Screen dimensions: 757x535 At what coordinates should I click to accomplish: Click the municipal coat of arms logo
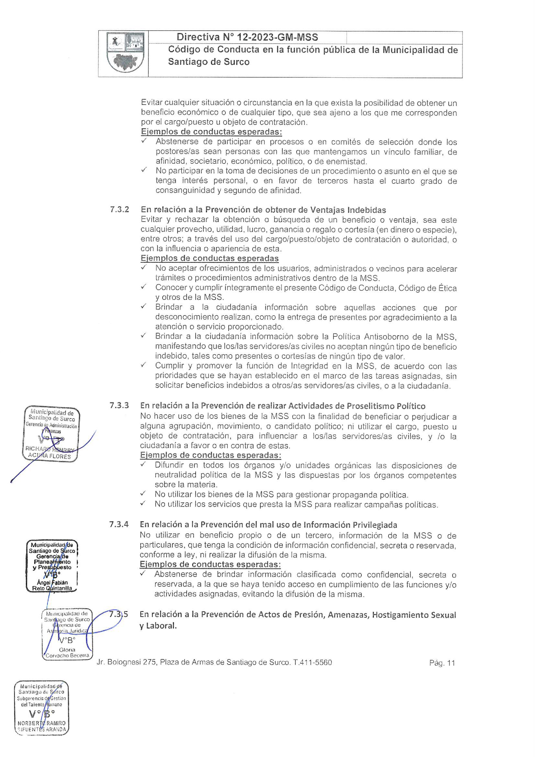click(x=125, y=53)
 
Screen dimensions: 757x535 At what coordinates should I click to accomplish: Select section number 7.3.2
click(x=119, y=210)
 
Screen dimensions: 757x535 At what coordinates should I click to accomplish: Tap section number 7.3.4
click(x=119, y=524)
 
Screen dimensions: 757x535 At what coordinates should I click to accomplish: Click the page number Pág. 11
click(x=442, y=663)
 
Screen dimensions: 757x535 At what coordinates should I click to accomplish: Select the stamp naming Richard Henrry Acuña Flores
click(x=51, y=434)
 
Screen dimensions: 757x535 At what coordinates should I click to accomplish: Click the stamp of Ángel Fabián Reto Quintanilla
click(x=52, y=566)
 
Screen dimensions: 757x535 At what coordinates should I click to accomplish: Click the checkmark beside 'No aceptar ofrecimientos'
click(x=144, y=268)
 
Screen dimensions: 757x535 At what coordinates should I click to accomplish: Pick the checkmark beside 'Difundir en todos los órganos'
click(x=143, y=464)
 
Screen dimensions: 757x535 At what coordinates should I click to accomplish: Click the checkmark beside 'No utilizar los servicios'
click(x=143, y=503)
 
